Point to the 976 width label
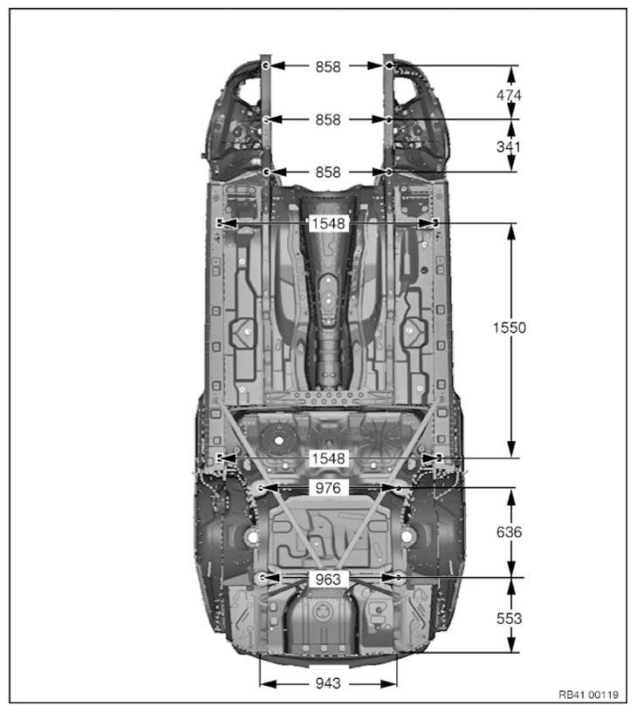[x=329, y=488]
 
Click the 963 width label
[x=329, y=578]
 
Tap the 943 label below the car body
[x=328, y=684]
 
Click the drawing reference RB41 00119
[x=588, y=695]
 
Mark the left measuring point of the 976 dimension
[x=261, y=488]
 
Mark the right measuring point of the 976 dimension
[x=399, y=488]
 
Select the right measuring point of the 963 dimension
[x=398, y=578]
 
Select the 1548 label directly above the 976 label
[x=329, y=458]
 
